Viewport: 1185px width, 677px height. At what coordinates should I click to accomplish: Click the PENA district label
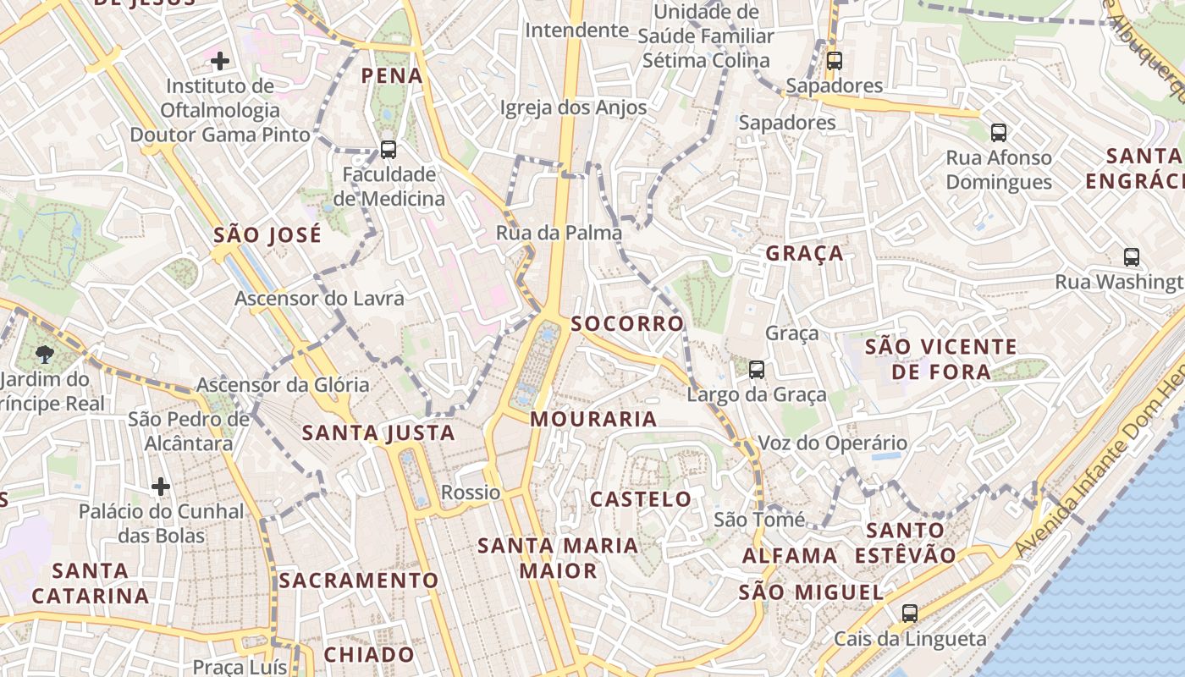pos(391,76)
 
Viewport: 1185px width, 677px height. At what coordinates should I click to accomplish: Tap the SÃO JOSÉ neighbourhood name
pos(267,234)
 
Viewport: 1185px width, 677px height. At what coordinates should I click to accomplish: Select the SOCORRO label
pos(627,323)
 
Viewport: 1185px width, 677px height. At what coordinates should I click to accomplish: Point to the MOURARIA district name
pos(593,419)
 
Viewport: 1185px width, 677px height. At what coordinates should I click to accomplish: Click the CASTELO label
pos(641,499)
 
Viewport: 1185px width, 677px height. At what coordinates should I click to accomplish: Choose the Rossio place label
pos(471,493)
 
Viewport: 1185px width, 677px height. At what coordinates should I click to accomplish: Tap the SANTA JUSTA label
pos(378,433)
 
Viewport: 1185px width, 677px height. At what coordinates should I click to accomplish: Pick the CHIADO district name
pos(369,654)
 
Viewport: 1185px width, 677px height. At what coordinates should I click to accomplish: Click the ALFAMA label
pos(790,556)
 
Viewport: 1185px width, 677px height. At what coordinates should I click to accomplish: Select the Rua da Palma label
pos(559,233)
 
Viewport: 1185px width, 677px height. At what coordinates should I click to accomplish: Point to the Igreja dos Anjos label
pos(573,107)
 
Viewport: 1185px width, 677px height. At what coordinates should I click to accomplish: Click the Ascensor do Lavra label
pos(319,299)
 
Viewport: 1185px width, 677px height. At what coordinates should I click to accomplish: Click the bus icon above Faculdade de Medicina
pos(389,150)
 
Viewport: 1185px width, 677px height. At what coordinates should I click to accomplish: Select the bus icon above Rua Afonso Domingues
pos(999,133)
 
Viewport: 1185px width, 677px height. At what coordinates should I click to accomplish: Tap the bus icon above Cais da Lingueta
pos(910,614)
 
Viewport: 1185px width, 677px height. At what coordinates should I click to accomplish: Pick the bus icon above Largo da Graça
pos(757,370)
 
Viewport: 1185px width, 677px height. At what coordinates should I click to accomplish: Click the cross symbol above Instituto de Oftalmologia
pos(220,61)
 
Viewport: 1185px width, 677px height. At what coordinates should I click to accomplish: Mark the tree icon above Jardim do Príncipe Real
pos(45,355)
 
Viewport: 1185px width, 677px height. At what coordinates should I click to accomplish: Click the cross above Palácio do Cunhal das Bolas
pos(161,487)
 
